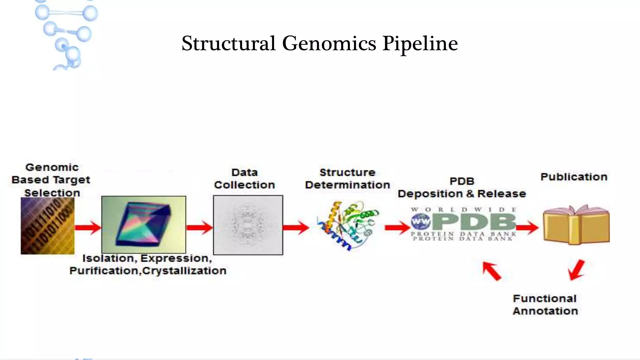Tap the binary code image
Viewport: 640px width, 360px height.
(x=47, y=226)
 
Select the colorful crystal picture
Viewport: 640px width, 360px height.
(x=143, y=224)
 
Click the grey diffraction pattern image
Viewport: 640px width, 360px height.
(x=248, y=225)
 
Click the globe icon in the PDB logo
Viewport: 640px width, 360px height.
(x=421, y=222)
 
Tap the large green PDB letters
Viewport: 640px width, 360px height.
(x=474, y=222)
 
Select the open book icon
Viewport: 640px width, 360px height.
(x=576, y=225)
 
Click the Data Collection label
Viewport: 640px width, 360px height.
(x=244, y=179)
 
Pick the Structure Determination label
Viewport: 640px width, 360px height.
(x=347, y=179)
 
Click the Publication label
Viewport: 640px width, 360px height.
(x=574, y=177)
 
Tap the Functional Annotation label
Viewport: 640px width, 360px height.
(x=545, y=305)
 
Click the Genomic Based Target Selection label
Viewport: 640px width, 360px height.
(x=51, y=180)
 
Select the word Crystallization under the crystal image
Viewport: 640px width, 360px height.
(x=184, y=271)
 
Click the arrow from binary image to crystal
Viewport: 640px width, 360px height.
(x=88, y=227)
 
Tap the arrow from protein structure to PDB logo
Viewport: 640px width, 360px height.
(x=397, y=227)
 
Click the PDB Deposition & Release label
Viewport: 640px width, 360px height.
(x=462, y=187)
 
